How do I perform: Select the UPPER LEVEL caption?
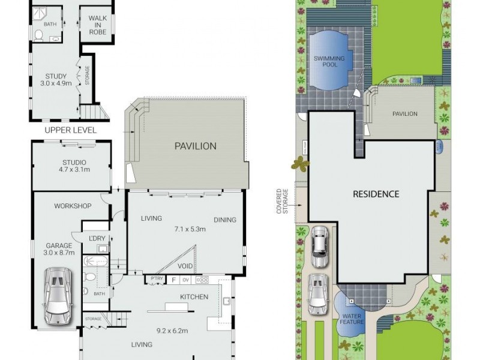click(70, 130)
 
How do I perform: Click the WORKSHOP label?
click(73, 206)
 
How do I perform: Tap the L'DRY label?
click(97, 239)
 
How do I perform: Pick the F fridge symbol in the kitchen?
click(174, 280)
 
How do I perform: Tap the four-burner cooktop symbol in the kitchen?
click(202, 280)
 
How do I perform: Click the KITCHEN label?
click(194, 296)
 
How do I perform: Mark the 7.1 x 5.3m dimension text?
click(190, 229)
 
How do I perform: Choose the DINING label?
click(225, 220)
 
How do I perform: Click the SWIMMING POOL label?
click(329, 61)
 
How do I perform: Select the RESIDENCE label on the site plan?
click(376, 194)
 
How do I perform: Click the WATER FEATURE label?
click(352, 318)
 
